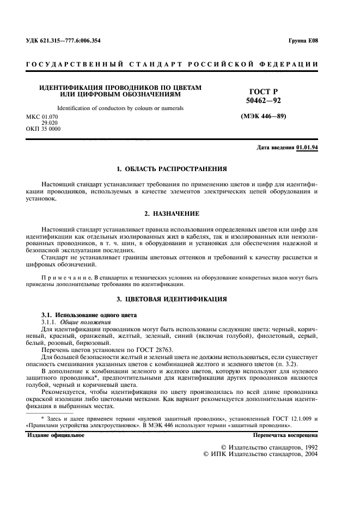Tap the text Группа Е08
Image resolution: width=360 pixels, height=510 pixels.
tap(303, 41)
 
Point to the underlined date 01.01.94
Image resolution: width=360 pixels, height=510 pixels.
tap(307, 148)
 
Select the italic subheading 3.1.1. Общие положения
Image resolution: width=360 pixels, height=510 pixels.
tap(74, 323)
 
